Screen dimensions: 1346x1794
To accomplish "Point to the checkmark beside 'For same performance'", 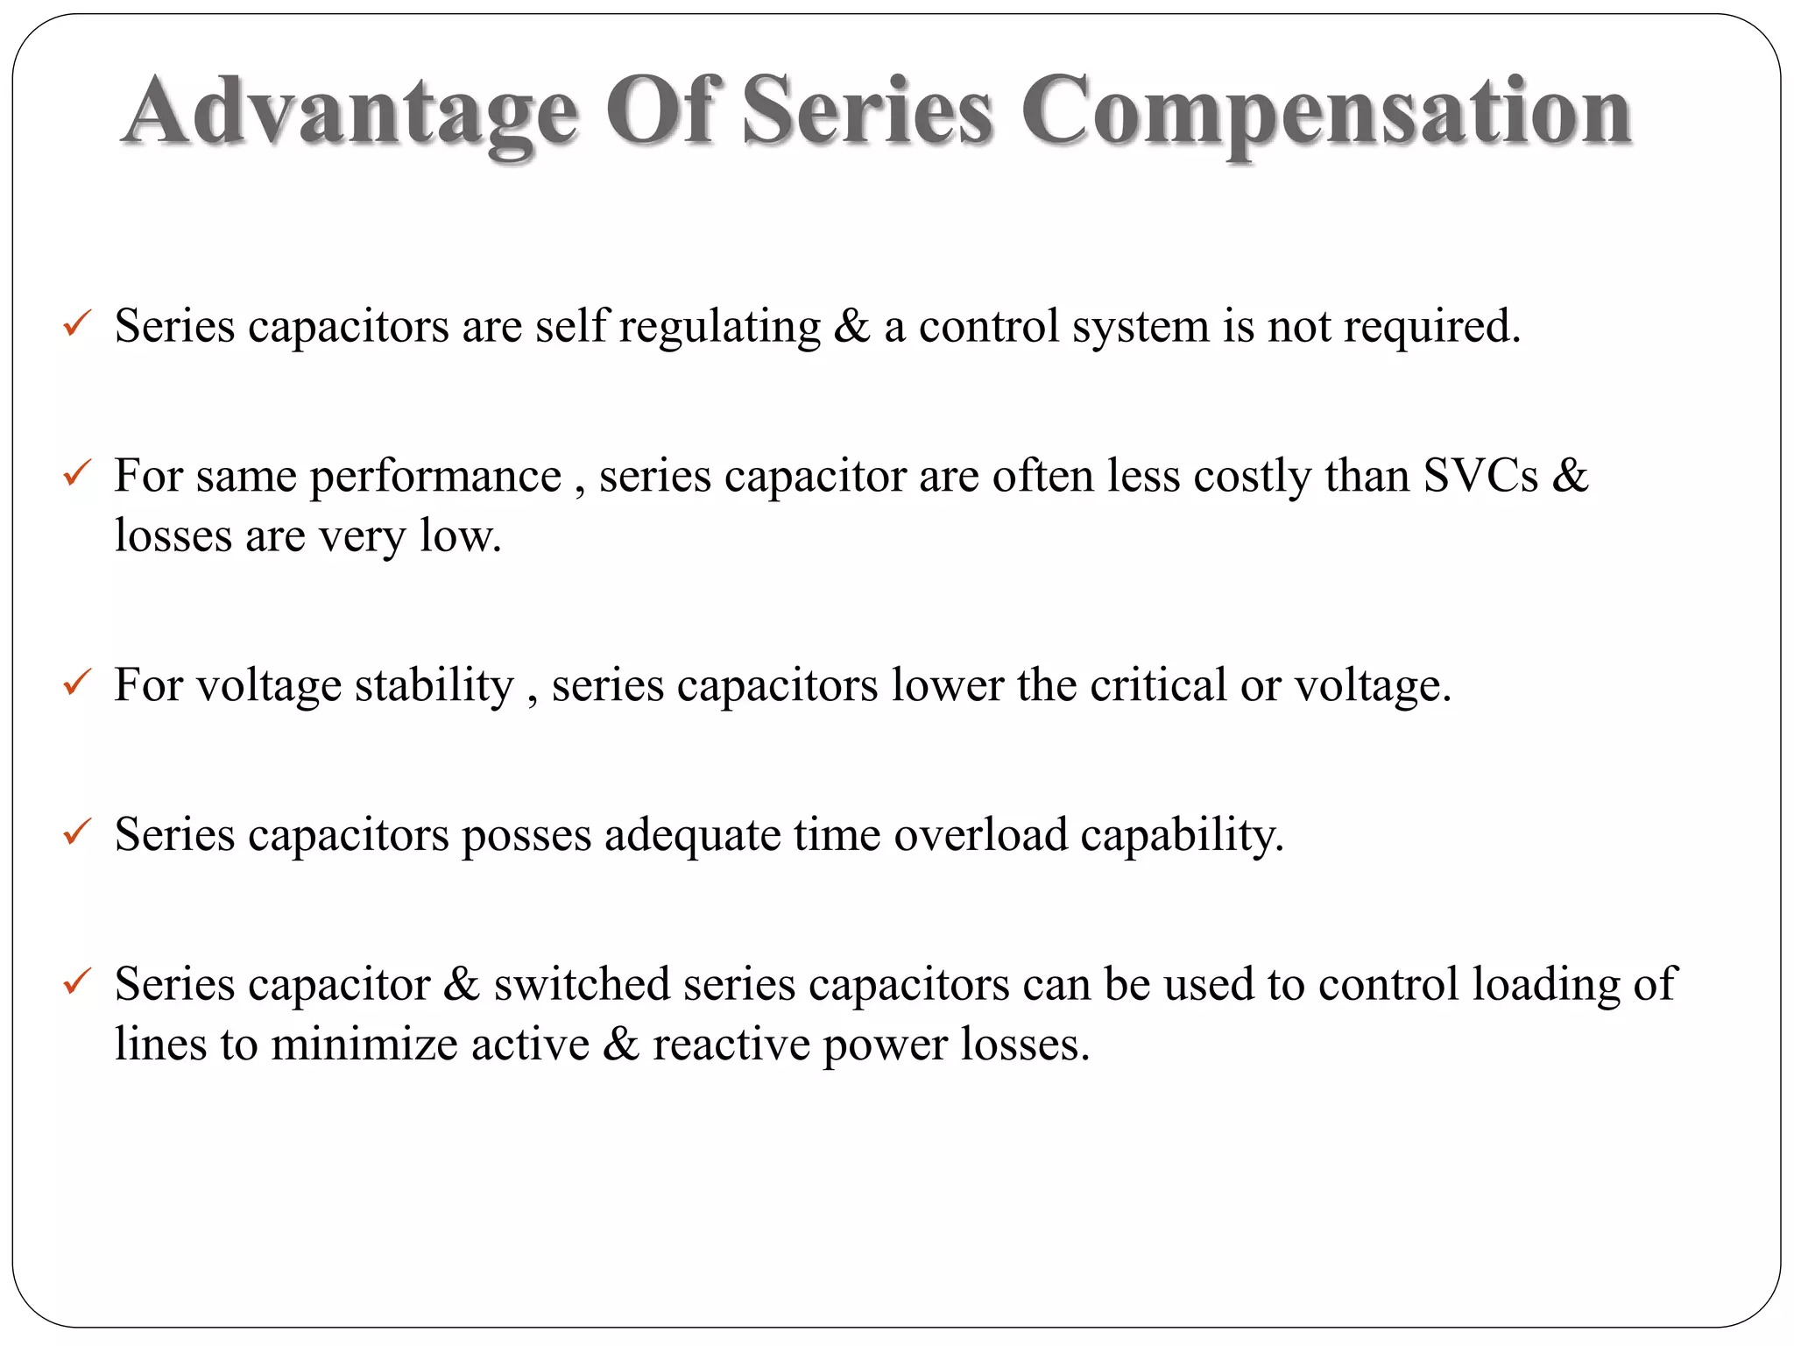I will [x=77, y=474].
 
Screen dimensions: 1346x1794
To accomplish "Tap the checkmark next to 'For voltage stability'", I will [x=77, y=683].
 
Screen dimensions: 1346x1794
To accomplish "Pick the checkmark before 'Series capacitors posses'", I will [x=77, y=832].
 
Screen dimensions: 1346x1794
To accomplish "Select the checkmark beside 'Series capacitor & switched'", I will [x=77, y=981].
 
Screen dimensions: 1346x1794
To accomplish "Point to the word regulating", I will [x=719, y=328].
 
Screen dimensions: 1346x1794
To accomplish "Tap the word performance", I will [x=435, y=478].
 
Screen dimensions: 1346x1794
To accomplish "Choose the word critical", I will [x=1157, y=685].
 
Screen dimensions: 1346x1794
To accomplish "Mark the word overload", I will [x=980, y=834].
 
